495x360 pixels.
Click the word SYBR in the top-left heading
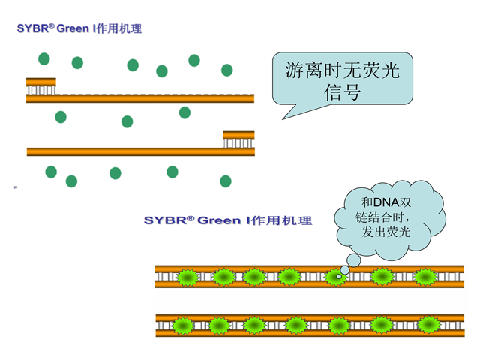(34, 29)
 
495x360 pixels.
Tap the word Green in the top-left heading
(72, 29)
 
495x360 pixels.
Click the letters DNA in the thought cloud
(390, 203)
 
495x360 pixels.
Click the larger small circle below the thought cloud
(345, 268)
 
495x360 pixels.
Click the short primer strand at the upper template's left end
(40, 81)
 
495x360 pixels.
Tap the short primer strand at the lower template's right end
(238, 135)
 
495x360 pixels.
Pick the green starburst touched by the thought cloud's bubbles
(335, 277)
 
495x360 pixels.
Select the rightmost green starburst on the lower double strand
(428, 325)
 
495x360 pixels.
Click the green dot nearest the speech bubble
(227, 70)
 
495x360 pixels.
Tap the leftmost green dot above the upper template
(44, 58)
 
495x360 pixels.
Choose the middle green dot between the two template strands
(127, 121)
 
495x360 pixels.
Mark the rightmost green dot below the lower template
(225, 181)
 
